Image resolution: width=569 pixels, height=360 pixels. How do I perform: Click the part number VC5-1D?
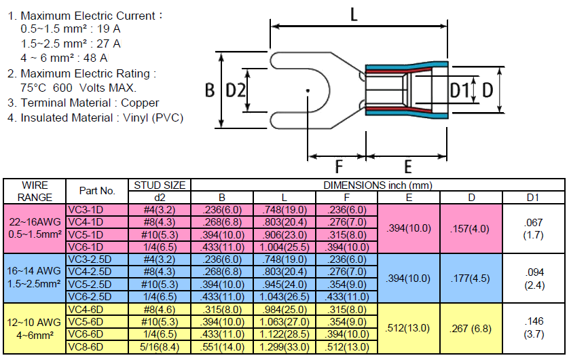[86, 235]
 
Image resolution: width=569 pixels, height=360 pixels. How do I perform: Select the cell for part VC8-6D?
[97, 347]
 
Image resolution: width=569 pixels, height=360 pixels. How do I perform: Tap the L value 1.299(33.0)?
[284, 347]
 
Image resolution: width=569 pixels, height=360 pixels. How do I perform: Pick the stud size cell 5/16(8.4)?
[160, 347]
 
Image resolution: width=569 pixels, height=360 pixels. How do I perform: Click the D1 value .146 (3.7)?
[534, 327]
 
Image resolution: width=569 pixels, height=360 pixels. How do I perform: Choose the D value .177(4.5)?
[471, 278]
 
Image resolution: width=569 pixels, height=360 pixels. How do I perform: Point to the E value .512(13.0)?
[407, 328]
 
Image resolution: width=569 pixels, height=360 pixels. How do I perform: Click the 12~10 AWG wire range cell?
[35, 329]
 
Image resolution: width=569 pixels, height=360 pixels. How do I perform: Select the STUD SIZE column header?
[160, 185]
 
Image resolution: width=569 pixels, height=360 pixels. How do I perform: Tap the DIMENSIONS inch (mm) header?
[378, 185]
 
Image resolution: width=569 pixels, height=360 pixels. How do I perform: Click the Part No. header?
[97, 191]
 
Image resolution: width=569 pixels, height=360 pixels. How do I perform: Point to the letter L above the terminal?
[354, 15]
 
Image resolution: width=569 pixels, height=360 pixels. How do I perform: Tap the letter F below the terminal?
[339, 167]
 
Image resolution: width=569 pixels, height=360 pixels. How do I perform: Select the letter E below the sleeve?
[408, 167]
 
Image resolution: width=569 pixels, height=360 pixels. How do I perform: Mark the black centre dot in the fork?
[308, 90]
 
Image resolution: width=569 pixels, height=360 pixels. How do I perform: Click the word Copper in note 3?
[140, 103]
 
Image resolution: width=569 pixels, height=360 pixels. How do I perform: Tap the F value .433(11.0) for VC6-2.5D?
[347, 298]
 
